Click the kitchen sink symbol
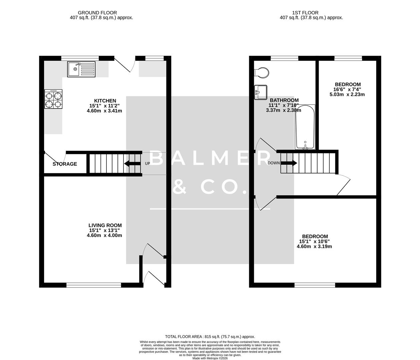[81, 69]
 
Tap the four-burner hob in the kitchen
[53, 99]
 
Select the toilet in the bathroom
[261, 72]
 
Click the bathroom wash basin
[261, 92]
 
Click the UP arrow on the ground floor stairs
[132, 163]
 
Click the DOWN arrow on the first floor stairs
[289, 163]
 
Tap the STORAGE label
[65, 164]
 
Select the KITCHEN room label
[105, 101]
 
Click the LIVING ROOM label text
[105, 225]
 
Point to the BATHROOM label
[284, 100]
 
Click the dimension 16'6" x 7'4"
[347, 89]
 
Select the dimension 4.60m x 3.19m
[314, 247]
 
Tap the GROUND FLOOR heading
[97, 13]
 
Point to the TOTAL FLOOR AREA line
[210, 337]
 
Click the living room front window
[94, 285]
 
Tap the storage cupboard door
[55, 157]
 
